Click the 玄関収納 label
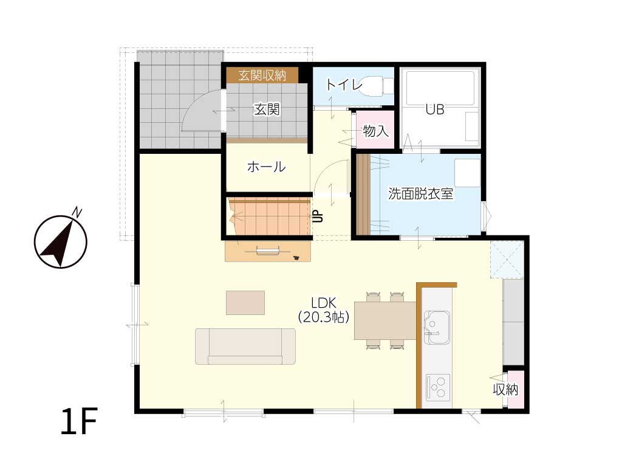pyautogui.click(x=262, y=75)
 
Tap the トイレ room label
pyautogui.click(x=344, y=85)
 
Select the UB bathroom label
pyautogui.click(x=435, y=109)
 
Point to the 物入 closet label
pyautogui.click(x=375, y=131)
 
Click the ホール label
pyautogui.click(x=266, y=167)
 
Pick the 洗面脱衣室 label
pyautogui.click(x=420, y=194)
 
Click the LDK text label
pyautogui.click(x=323, y=303)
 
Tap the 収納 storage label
pyautogui.click(x=505, y=390)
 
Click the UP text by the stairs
pyautogui.click(x=318, y=216)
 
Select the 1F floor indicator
pyautogui.click(x=80, y=421)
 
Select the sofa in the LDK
pyautogui.click(x=245, y=346)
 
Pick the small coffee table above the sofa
pyautogui.click(x=245, y=303)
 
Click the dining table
pyautogui.click(x=385, y=320)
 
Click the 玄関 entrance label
pyautogui.click(x=267, y=109)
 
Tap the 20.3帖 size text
pyautogui.click(x=323, y=316)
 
